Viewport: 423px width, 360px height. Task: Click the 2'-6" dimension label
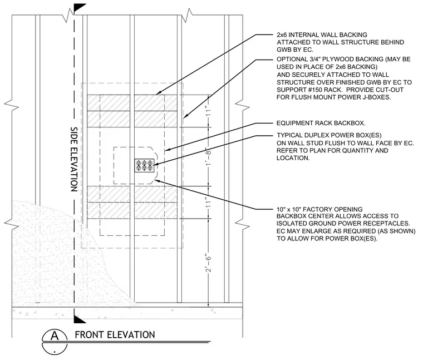208,263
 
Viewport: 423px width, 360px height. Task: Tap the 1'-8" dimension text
208,157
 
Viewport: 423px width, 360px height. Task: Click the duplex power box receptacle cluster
144,166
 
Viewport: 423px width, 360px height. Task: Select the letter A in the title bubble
55,336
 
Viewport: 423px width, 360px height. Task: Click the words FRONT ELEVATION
115,335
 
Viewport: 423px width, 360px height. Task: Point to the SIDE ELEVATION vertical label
74,159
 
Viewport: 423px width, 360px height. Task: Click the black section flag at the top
80,8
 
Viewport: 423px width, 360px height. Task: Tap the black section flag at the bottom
80,319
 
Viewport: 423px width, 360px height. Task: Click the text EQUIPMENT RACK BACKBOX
321,123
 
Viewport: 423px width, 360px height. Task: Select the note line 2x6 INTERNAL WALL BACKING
322,35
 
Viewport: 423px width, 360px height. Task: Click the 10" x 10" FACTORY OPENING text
319,209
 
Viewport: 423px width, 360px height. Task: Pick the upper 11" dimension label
208,111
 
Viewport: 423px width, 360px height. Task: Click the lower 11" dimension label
208,203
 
